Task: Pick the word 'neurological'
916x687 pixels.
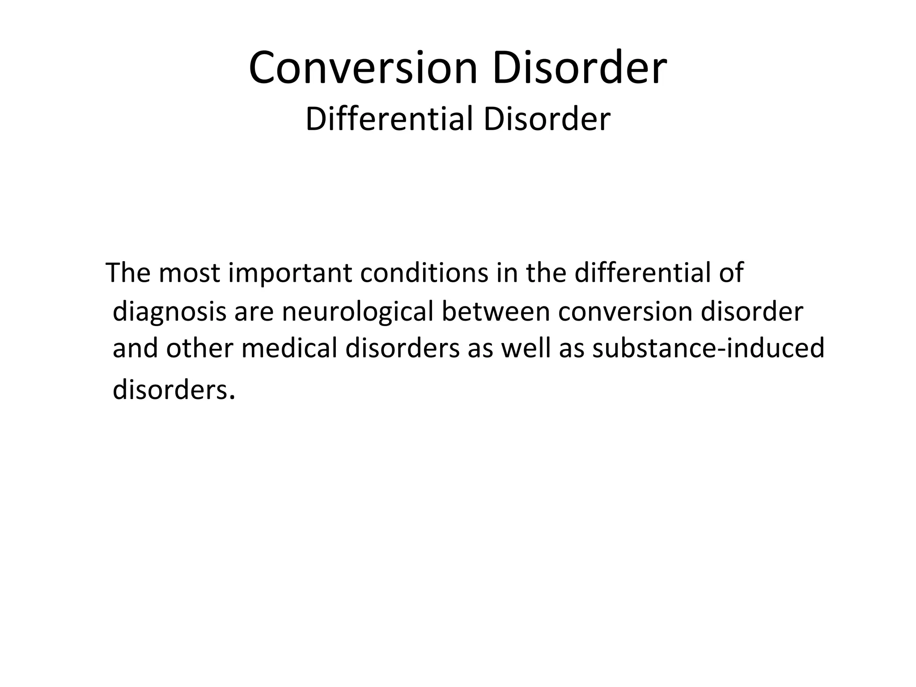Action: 357,312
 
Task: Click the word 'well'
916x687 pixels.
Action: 526,348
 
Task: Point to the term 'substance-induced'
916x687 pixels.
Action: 708,348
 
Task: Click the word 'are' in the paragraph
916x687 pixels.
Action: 254,312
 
